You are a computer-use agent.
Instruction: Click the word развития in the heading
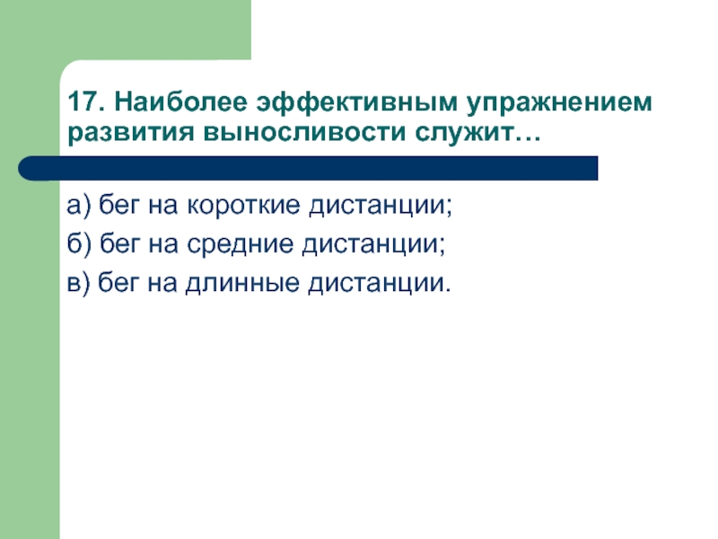coord(127,133)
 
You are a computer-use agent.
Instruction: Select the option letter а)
coord(78,208)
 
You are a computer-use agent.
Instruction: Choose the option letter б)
coord(78,245)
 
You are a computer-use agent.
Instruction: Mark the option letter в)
coord(78,284)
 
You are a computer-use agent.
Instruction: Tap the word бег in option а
coord(117,208)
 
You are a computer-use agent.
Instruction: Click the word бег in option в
coord(117,285)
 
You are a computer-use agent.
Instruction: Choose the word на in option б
coord(162,246)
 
